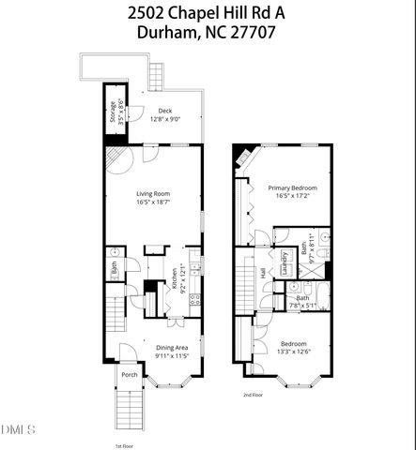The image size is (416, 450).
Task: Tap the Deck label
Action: tap(164, 112)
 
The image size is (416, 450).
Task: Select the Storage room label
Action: tap(112, 112)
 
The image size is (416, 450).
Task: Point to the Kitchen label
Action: tap(174, 278)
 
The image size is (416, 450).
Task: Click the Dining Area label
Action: tap(171, 349)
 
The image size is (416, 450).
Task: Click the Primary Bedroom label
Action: tap(292, 188)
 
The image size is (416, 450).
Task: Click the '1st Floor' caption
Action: tap(126, 444)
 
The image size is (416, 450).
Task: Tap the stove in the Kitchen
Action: tap(194, 300)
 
